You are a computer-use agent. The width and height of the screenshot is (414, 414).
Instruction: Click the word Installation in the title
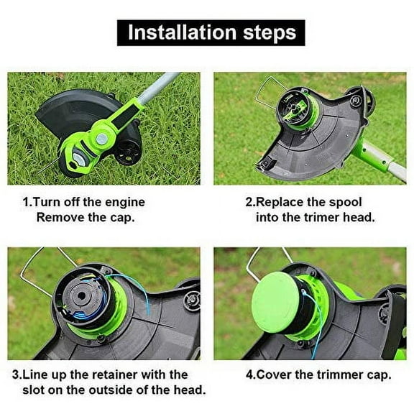[x=182, y=32]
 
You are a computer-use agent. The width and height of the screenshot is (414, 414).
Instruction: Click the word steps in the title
[x=270, y=34]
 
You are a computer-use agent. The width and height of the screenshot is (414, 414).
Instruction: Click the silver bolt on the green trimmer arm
[x=101, y=138]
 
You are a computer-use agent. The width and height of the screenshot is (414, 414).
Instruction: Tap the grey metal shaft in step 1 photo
[x=157, y=87]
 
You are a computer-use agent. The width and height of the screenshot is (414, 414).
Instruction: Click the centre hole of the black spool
[x=81, y=295]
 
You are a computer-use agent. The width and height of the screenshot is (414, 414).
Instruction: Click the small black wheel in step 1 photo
[x=128, y=152]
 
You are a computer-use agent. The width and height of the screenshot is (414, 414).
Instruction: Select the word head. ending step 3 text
[x=190, y=390]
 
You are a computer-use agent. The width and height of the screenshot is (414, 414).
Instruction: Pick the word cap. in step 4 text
[x=379, y=375]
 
